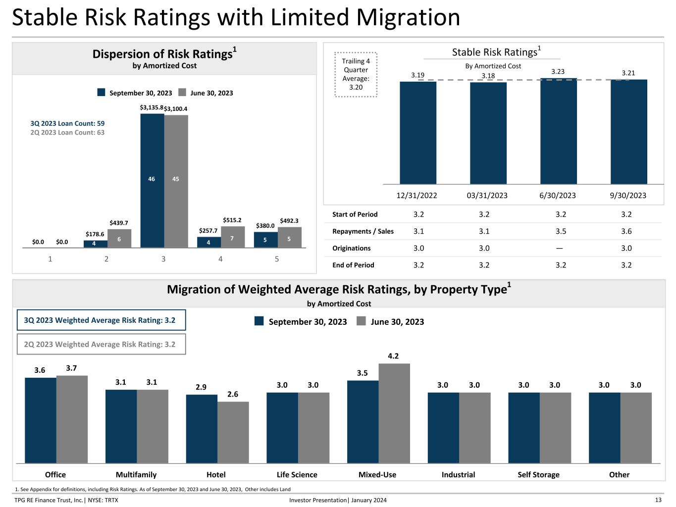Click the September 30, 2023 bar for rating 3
[152, 180]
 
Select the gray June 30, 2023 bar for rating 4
[233, 237]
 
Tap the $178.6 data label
[95, 234]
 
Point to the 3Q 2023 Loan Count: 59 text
[67, 123]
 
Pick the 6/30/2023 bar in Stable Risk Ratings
[558, 131]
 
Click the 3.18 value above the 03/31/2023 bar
[488, 76]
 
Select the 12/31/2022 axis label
[416, 196]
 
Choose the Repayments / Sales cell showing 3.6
[626, 231]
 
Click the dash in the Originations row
[559, 248]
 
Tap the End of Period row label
[353, 265]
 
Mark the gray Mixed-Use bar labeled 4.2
[394, 413]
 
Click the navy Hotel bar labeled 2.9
[202, 429]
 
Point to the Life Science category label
[297, 474]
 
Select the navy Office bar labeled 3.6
[41, 420]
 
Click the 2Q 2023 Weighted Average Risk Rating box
[102, 344]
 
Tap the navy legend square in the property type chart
[259, 321]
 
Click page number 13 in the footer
[658, 500]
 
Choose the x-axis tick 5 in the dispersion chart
[277, 259]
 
